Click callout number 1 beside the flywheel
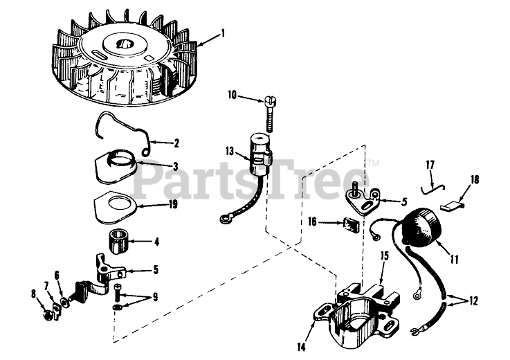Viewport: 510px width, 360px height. click(x=223, y=33)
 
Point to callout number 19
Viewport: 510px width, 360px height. click(x=173, y=204)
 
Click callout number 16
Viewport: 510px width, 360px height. click(x=312, y=222)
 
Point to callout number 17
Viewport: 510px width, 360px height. click(x=430, y=165)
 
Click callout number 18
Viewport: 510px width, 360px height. click(x=474, y=179)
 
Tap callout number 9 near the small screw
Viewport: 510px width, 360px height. click(x=155, y=297)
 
